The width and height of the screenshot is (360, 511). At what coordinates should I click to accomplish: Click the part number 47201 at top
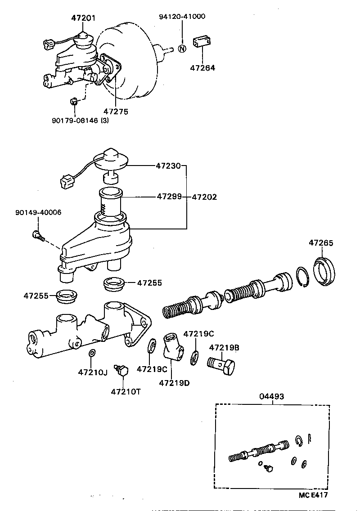coord(83,18)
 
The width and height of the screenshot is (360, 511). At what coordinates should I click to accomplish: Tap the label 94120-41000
coord(182,17)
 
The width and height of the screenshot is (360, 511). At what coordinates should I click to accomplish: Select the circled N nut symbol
coord(182,48)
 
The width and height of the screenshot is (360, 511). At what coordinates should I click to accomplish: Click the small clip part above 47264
coord(202,42)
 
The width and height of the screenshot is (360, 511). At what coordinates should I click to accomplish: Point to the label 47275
coord(115,111)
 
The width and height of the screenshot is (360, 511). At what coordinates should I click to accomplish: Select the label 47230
coord(168,166)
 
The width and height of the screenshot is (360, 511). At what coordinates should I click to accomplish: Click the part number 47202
coord(204,197)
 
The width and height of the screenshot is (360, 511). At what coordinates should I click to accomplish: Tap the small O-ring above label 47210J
coord(91,353)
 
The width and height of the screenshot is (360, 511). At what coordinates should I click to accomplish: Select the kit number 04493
coord(272,396)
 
